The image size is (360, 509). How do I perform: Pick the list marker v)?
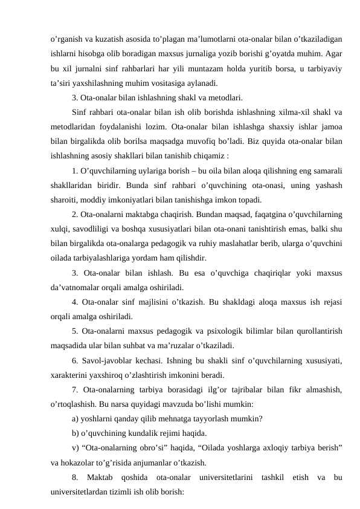click(x=75, y=448)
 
